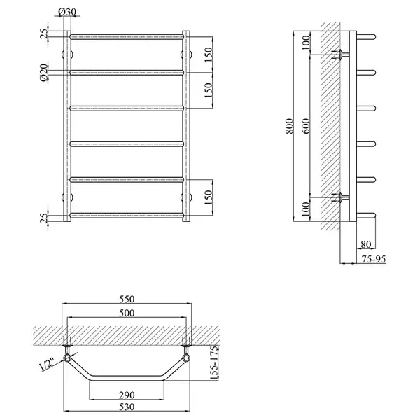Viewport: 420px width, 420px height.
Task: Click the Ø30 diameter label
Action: [x=67, y=12]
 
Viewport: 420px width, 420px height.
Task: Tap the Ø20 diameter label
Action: [x=44, y=72]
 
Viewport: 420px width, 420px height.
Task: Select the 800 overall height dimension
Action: [x=290, y=126]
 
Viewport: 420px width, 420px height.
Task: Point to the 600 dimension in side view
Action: [x=306, y=126]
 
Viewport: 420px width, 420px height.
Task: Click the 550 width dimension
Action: [x=127, y=299]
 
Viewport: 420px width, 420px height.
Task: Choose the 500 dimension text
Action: [x=127, y=313]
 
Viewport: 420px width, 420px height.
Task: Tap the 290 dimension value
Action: [x=127, y=395]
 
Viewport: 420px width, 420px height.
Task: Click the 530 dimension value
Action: [x=127, y=407]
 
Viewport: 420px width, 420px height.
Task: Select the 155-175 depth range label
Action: [x=214, y=363]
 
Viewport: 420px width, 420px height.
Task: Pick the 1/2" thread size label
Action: [x=48, y=364]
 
